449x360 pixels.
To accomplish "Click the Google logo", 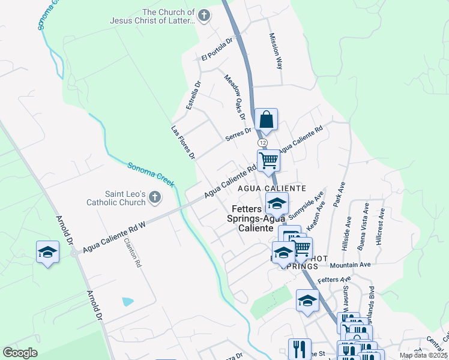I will (x=20, y=353).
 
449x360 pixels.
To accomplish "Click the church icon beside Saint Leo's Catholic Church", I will (x=155, y=197).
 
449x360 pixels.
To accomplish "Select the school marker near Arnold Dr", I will (x=47, y=252).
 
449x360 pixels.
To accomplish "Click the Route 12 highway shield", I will (x=262, y=143).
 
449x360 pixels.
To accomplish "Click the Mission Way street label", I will (x=276, y=51).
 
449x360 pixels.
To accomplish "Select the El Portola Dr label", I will (x=217, y=49).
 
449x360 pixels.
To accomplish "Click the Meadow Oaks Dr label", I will (x=235, y=93).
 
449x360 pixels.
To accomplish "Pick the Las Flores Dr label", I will (x=182, y=142).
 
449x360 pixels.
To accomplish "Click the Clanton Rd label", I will (x=132, y=253).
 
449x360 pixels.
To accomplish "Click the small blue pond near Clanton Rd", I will (x=128, y=301).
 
